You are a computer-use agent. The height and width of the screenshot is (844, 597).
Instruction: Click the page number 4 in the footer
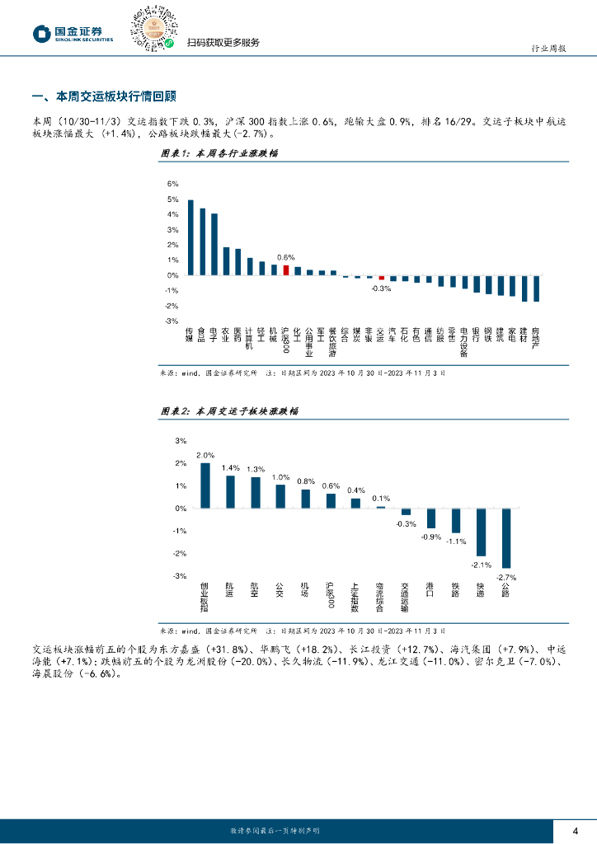click(x=576, y=830)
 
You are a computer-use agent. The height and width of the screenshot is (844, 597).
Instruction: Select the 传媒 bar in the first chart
click(x=190, y=237)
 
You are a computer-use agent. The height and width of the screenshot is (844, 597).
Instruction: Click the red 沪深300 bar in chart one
click(x=286, y=270)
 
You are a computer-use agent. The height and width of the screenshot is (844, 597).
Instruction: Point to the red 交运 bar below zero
click(x=381, y=278)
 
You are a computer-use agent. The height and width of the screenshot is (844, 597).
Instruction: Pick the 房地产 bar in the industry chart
click(x=536, y=288)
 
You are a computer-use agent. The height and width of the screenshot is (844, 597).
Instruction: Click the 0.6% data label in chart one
click(x=285, y=257)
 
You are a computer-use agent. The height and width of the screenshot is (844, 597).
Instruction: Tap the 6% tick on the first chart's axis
click(x=173, y=184)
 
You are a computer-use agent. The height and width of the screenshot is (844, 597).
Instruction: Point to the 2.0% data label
click(x=205, y=456)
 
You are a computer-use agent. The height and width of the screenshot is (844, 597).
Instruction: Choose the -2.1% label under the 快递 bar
click(x=481, y=565)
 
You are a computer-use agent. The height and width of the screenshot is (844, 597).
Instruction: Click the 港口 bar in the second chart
click(x=430, y=518)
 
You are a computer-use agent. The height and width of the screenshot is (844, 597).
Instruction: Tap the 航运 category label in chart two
click(x=230, y=593)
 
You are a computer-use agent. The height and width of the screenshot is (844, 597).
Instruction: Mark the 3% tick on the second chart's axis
click(x=181, y=441)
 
